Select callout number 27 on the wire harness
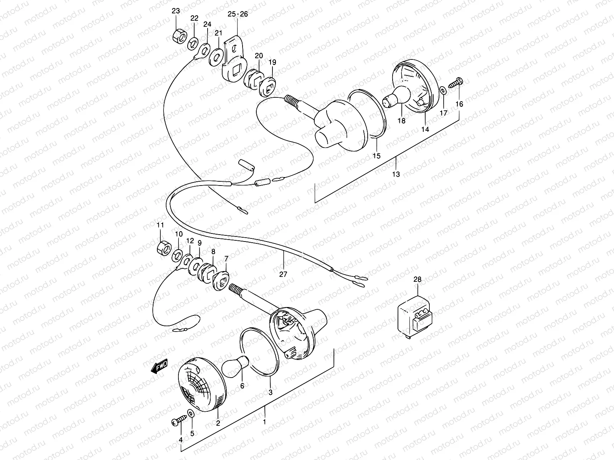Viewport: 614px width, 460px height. coord(283,274)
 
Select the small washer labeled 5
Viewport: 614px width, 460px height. coord(191,414)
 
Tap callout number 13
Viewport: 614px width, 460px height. coord(396,174)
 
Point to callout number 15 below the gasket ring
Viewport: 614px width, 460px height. coord(376,156)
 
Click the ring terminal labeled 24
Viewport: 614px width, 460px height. coord(203,50)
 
